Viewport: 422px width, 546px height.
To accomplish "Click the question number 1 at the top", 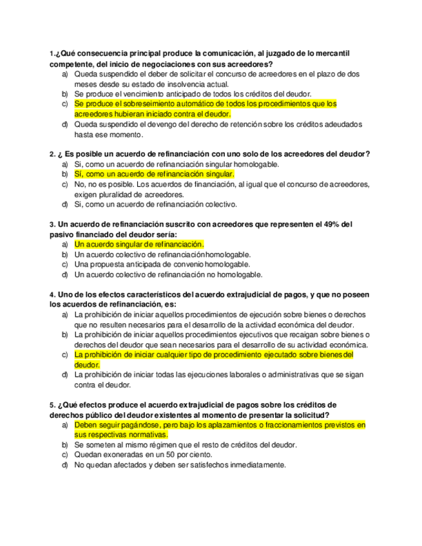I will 51,53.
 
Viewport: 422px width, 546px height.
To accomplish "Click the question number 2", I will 52,154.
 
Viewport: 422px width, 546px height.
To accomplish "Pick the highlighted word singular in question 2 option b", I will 217,174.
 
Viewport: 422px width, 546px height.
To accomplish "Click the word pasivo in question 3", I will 61,234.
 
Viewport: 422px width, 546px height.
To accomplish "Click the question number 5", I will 52,405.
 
